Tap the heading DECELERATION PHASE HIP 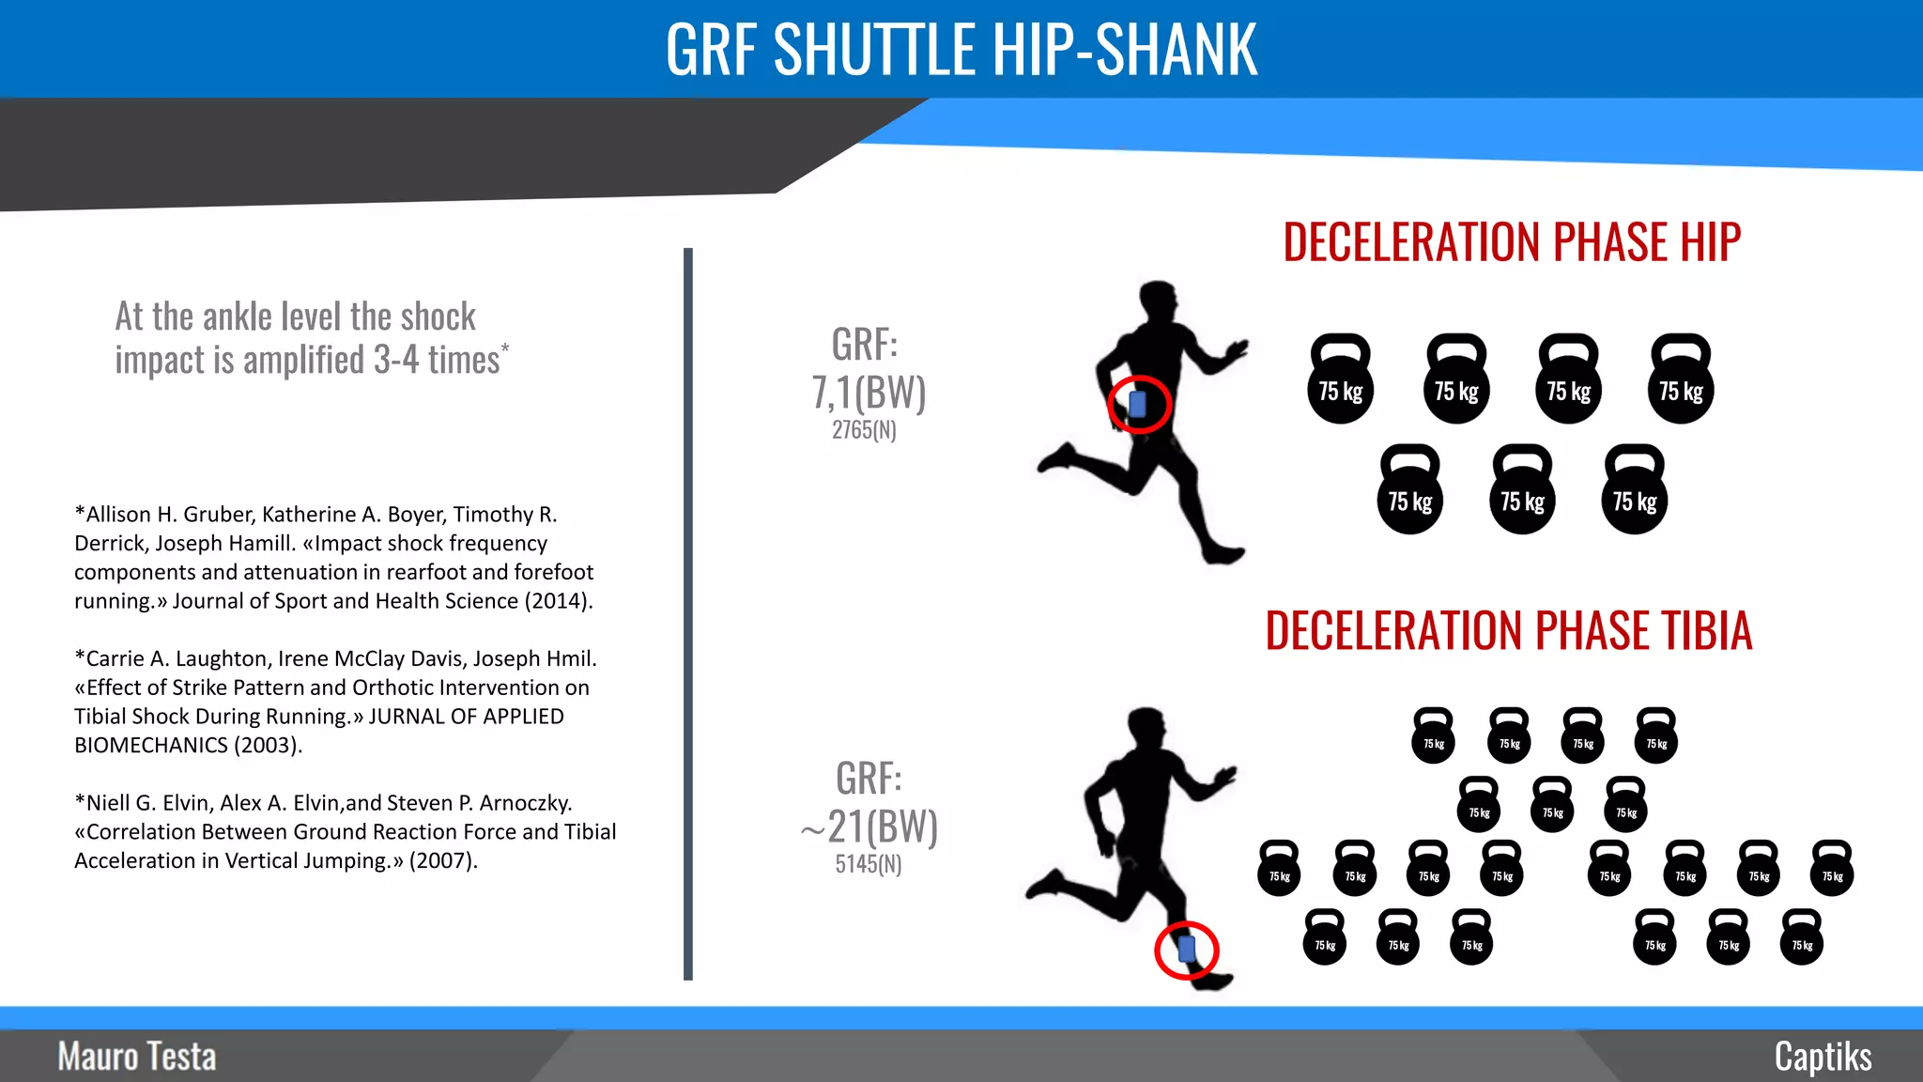point(1512,242)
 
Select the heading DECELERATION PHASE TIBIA point(1508,630)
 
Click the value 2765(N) point(864,430)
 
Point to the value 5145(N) point(869,864)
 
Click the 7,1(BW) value point(869,392)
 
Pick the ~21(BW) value point(869,827)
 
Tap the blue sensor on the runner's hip point(1138,404)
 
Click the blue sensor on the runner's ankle point(1186,949)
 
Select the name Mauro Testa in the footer point(137,1057)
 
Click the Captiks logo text point(1823,1057)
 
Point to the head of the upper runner point(1159,301)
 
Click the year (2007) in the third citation point(443,861)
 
